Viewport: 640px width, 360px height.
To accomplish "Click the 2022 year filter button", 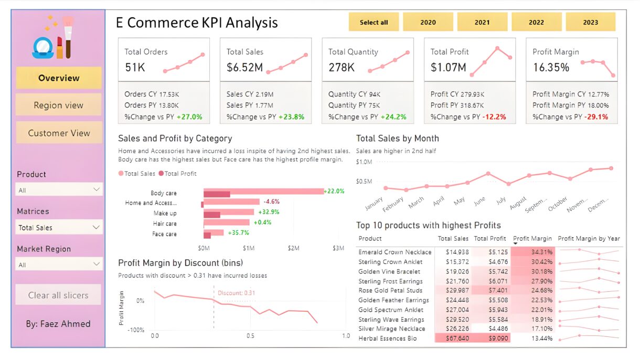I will (x=536, y=23).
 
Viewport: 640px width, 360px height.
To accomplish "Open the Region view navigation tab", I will (x=59, y=105).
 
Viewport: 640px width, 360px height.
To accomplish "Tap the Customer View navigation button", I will (x=59, y=133).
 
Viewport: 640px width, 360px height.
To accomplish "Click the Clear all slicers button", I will (x=59, y=295).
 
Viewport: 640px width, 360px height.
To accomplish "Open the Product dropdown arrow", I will (x=97, y=189).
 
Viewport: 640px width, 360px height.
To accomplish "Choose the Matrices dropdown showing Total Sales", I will (x=59, y=227).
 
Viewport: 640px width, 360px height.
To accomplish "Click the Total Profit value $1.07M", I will (x=448, y=67).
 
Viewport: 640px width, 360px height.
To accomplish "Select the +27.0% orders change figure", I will (x=189, y=117).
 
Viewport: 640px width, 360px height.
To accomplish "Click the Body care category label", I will (x=164, y=194).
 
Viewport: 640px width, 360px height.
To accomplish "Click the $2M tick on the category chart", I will (x=293, y=248).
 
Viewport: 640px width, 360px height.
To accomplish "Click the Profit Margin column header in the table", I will (x=532, y=238).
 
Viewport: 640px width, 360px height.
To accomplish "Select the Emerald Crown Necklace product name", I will (x=394, y=252).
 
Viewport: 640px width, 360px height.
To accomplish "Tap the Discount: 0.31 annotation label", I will (x=236, y=293).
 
